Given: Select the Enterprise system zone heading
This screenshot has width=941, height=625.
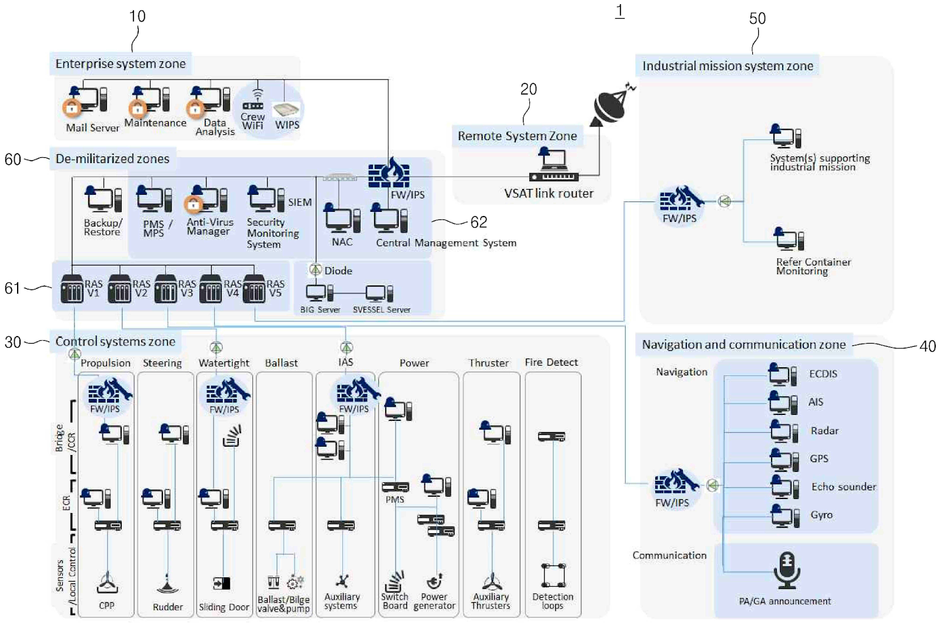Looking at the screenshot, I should tap(120, 64).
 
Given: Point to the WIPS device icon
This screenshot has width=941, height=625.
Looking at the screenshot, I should tap(286, 109).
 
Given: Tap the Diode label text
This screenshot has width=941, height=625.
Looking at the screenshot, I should tap(338, 271).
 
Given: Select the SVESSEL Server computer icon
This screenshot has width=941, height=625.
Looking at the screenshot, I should tap(379, 292).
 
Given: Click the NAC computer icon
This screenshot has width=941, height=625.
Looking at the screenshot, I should tap(342, 219).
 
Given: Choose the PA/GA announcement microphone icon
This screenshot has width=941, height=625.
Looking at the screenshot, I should tap(786, 570).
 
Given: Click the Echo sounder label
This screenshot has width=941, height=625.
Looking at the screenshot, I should tap(843, 487).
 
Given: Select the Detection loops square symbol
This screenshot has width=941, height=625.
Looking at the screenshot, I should tap(553, 575).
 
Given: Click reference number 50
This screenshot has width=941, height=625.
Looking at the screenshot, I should tap(758, 19).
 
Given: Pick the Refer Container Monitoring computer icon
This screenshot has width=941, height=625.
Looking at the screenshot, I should tap(788, 239).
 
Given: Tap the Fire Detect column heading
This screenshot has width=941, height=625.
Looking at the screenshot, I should tap(551, 363).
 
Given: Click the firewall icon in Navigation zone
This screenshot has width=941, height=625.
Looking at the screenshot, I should tap(675, 484).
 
